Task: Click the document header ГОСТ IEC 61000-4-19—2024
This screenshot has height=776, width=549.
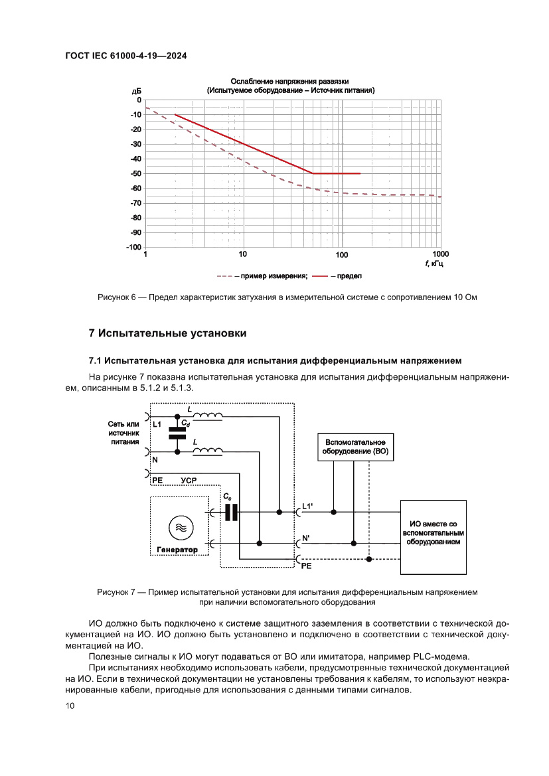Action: [125, 56]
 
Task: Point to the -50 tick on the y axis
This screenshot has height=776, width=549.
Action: [135, 173]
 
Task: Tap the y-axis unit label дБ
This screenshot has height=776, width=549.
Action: [136, 90]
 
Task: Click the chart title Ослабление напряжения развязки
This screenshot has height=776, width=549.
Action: [290, 81]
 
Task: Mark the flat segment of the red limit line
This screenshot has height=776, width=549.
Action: [336, 173]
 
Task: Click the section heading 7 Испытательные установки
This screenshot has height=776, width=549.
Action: [168, 333]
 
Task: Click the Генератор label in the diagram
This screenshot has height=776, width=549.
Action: [177, 550]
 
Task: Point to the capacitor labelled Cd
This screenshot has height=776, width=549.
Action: [177, 433]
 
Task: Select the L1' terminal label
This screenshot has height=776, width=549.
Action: [307, 506]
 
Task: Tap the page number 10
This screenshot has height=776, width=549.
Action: [70, 706]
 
